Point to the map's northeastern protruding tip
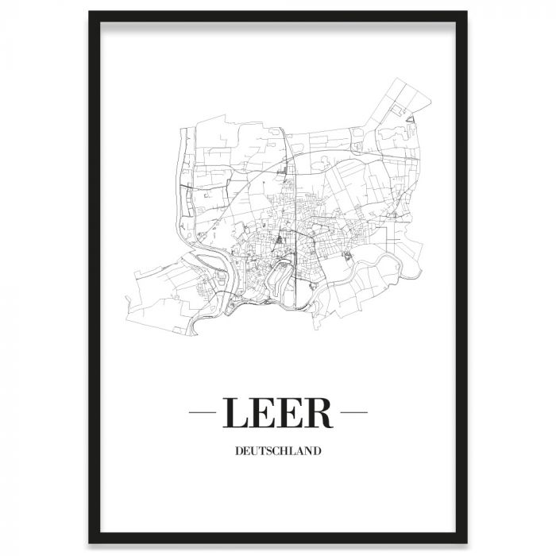click(x=397, y=79)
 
